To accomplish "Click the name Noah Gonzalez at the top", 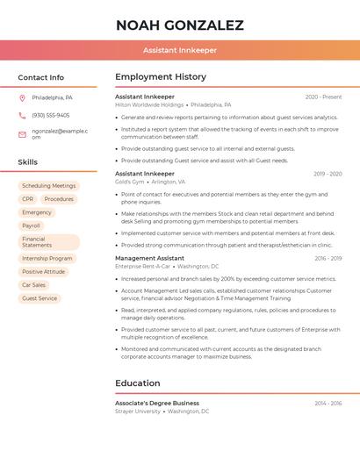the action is (x=179, y=25).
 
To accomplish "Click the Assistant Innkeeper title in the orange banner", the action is (x=179, y=50).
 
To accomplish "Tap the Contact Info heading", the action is (x=40, y=77).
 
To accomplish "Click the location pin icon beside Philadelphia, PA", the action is (x=22, y=97).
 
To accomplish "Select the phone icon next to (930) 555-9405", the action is (x=22, y=115).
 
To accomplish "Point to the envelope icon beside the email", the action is (x=22, y=134).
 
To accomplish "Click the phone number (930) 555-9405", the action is (x=50, y=115).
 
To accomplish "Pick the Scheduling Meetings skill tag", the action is (x=48, y=186).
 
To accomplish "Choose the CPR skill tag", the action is (x=27, y=199).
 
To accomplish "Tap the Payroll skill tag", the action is (x=31, y=225).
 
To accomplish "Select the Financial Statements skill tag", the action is (x=48, y=242).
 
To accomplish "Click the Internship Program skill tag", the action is (x=47, y=259).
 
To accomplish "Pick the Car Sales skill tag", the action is (x=33, y=285).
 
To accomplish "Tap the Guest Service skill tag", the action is (x=40, y=298).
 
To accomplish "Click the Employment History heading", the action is (x=161, y=77).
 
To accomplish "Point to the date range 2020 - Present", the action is (x=323, y=97).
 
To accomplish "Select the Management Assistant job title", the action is (x=149, y=258).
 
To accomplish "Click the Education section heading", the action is (x=137, y=383).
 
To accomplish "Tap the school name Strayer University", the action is (x=138, y=411).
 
